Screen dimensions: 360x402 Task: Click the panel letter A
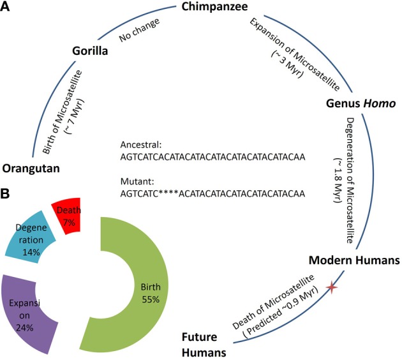(x=6, y=7)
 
